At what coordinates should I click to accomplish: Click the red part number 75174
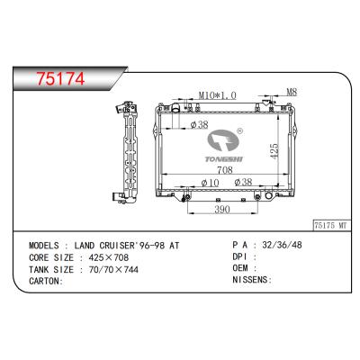pos(60,78)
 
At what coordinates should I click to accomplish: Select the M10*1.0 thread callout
pos(218,95)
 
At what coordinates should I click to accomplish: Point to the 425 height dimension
pos(274,150)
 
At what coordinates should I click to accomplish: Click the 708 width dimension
pos(225,170)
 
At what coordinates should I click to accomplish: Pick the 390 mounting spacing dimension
pos(222,210)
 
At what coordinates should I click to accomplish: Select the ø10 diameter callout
pos(210,183)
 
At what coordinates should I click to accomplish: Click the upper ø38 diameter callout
pos(199,124)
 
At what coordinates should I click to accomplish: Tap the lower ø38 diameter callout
pos(243,182)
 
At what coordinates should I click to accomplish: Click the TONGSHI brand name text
pos(224,158)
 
